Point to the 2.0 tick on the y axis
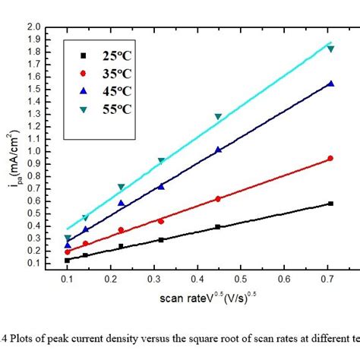click(34, 27)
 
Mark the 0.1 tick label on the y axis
click(34, 263)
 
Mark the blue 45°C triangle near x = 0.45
click(219, 150)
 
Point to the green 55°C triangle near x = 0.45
click(219, 117)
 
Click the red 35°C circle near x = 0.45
click(219, 198)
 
